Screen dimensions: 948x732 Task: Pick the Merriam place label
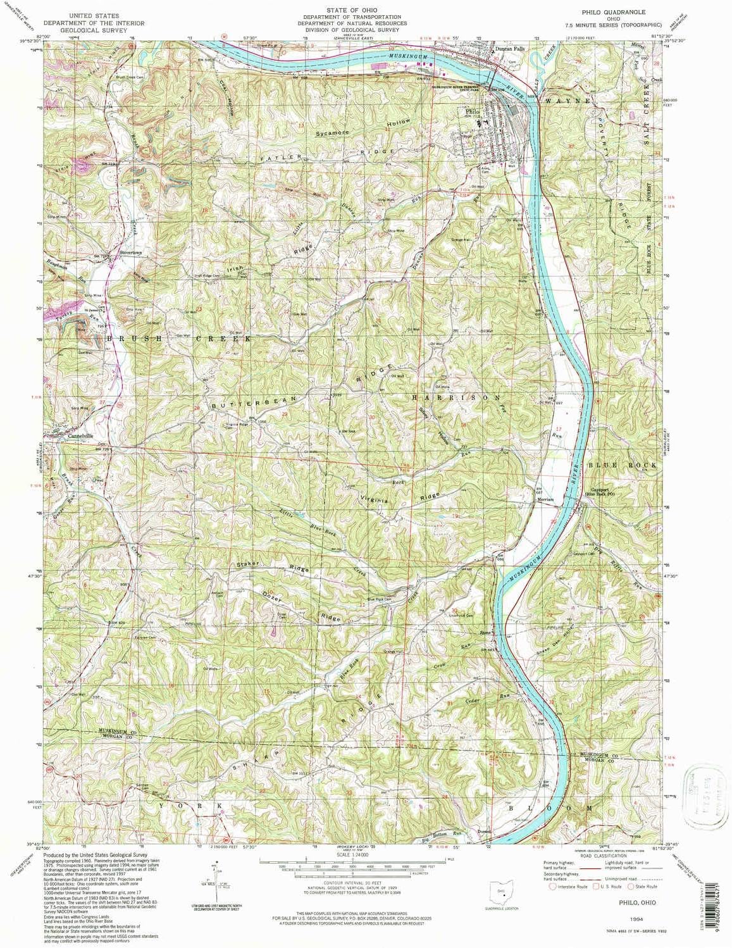pyautogui.click(x=545, y=499)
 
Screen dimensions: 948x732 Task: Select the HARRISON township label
pyautogui.click(x=451, y=398)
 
